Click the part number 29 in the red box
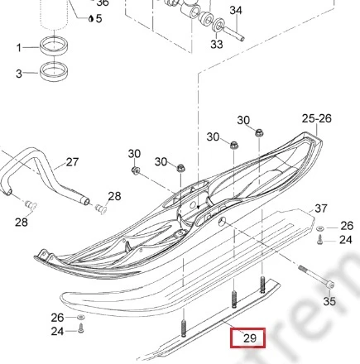point(250,338)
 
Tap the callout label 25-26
point(316,118)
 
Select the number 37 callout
point(321,208)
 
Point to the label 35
point(329,301)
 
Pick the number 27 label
point(72,162)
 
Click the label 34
point(236,11)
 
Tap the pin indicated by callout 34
point(233,32)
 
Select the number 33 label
point(217,44)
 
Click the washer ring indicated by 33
point(219,25)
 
